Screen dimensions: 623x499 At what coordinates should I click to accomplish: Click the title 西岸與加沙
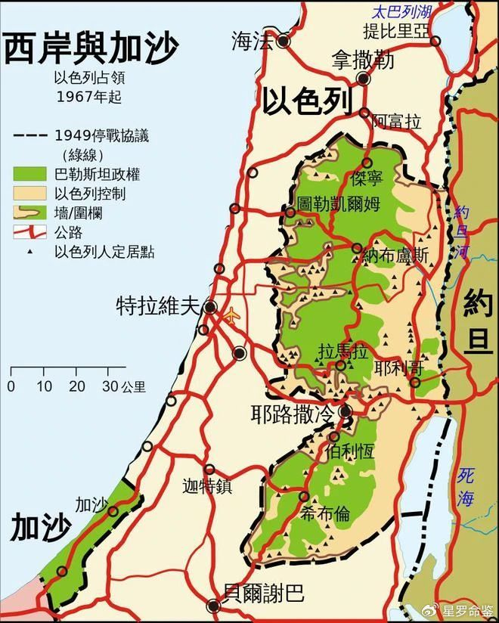point(91,50)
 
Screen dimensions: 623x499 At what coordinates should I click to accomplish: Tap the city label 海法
point(252,43)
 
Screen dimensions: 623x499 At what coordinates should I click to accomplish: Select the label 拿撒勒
point(363,60)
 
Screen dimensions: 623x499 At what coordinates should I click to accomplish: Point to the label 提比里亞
point(395,30)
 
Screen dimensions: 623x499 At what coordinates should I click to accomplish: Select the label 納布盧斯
point(395,256)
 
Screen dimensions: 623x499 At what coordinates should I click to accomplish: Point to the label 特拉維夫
point(157,307)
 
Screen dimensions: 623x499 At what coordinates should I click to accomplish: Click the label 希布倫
point(325,514)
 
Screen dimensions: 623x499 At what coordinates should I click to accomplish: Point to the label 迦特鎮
point(206,485)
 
